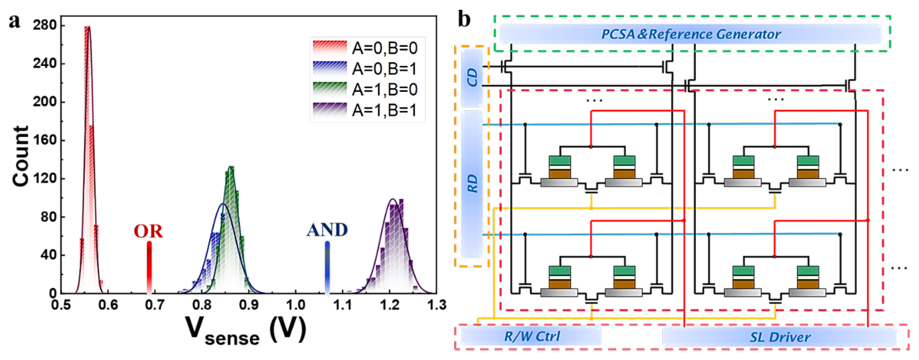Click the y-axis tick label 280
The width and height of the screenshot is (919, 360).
click(x=45, y=25)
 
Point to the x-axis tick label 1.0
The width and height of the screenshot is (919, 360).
click(x=296, y=305)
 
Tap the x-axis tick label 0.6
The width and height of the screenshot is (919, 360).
click(x=108, y=305)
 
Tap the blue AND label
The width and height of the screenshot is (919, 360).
click(x=327, y=230)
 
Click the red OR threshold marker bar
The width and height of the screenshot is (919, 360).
click(x=149, y=268)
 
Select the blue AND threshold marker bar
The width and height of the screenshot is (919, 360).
click(x=327, y=268)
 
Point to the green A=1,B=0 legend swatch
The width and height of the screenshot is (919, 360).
click(x=330, y=89)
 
